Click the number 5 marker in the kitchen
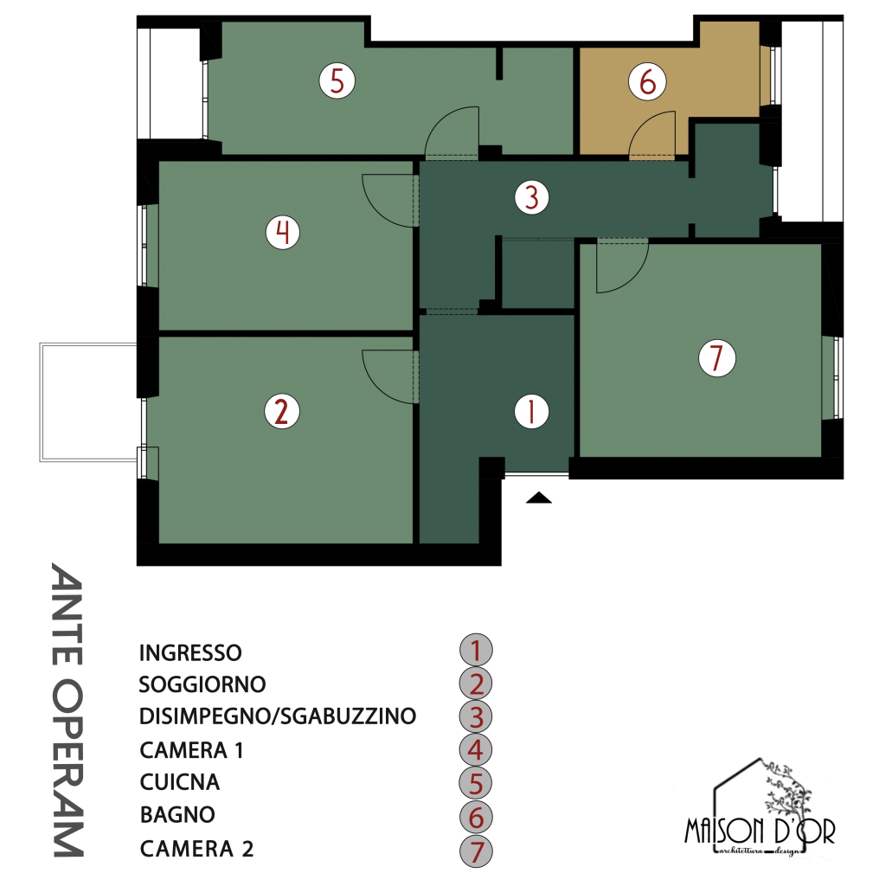click(337, 80)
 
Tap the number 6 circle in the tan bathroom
click(647, 81)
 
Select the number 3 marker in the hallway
click(531, 197)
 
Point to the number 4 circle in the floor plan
click(282, 232)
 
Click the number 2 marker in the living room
click(282, 411)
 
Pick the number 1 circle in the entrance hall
click(531, 411)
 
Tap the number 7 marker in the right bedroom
click(717, 357)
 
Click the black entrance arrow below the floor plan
click(538, 498)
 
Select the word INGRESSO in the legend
click(190, 652)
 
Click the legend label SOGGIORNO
click(202, 684)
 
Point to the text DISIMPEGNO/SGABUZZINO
click(278, 716)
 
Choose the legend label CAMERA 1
click(191, 750)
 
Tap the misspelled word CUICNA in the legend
click(180, 782)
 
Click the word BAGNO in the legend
click(177, 814)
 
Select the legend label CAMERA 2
click(196, 849)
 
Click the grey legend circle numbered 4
click(476, 750)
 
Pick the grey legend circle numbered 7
click(476, 851)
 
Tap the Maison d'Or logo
click(760, 809)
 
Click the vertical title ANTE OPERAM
click(67, 709)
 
